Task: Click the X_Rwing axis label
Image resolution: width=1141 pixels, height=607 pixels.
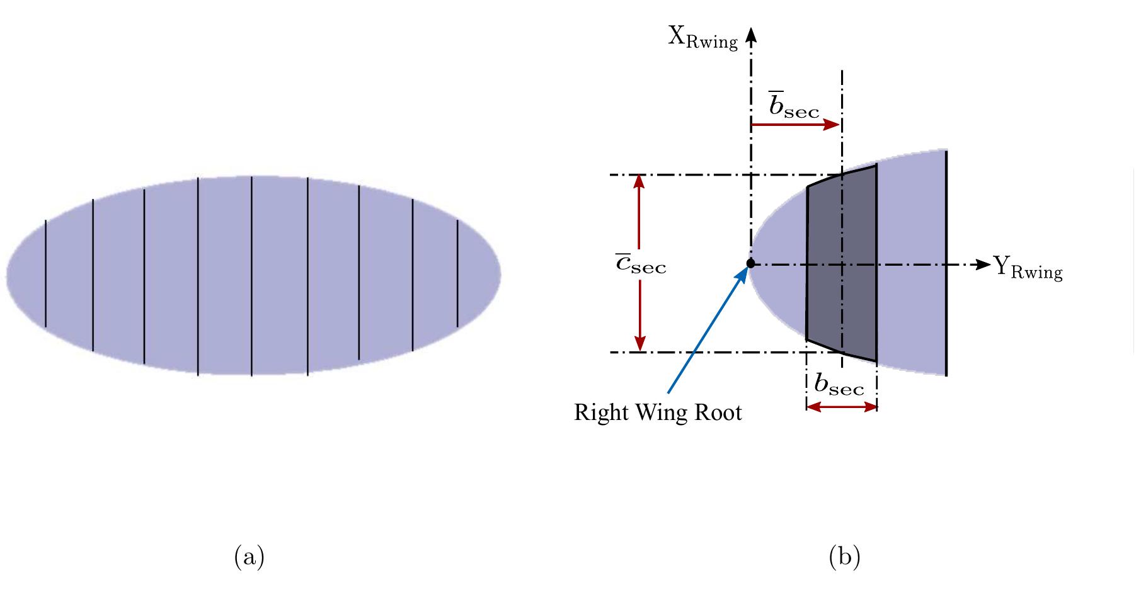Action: click(x=702, y=38)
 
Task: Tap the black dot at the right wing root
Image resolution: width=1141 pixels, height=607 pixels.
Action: click(x=750, y=264)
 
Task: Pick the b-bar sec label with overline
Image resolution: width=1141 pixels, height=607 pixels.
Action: click(x=794, y=106)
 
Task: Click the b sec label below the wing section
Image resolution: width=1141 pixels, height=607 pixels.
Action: click(x=839, y=385)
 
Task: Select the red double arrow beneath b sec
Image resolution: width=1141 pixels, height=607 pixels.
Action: click(x=842, y=407)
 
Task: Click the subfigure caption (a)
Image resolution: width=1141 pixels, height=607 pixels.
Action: click(x=249, y=558)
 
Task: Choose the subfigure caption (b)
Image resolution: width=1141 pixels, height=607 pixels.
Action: click(x=844, y=558)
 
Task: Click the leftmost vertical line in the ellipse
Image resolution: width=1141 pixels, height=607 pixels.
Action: click(x=45, y=274)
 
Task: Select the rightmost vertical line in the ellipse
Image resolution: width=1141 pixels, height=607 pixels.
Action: click(x=457, y=274)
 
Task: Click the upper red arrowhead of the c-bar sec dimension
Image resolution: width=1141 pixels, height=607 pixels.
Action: click(x=640, y=181)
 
